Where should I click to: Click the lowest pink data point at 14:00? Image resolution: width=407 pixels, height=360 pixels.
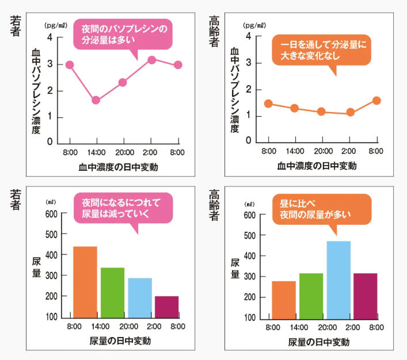(96, 100)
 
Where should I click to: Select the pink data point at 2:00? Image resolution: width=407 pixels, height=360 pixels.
(151, 60)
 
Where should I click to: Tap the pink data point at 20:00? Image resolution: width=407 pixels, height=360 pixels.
(123, 82)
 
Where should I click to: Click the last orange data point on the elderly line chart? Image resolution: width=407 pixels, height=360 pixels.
(376, 101)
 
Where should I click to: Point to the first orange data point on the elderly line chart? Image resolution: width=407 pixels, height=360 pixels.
(268, 104)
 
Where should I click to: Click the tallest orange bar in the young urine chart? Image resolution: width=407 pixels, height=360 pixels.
(85, 281)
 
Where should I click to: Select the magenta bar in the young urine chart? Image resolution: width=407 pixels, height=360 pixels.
(167, 306)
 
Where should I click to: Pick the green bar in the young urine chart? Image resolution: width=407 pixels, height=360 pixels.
(112, 292)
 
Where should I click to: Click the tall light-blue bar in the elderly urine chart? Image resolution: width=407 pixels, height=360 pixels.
(338, 279)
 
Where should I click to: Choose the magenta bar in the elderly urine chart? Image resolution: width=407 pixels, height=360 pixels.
(366, 295)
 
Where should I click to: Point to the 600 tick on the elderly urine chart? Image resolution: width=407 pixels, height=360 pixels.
(249, 215)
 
